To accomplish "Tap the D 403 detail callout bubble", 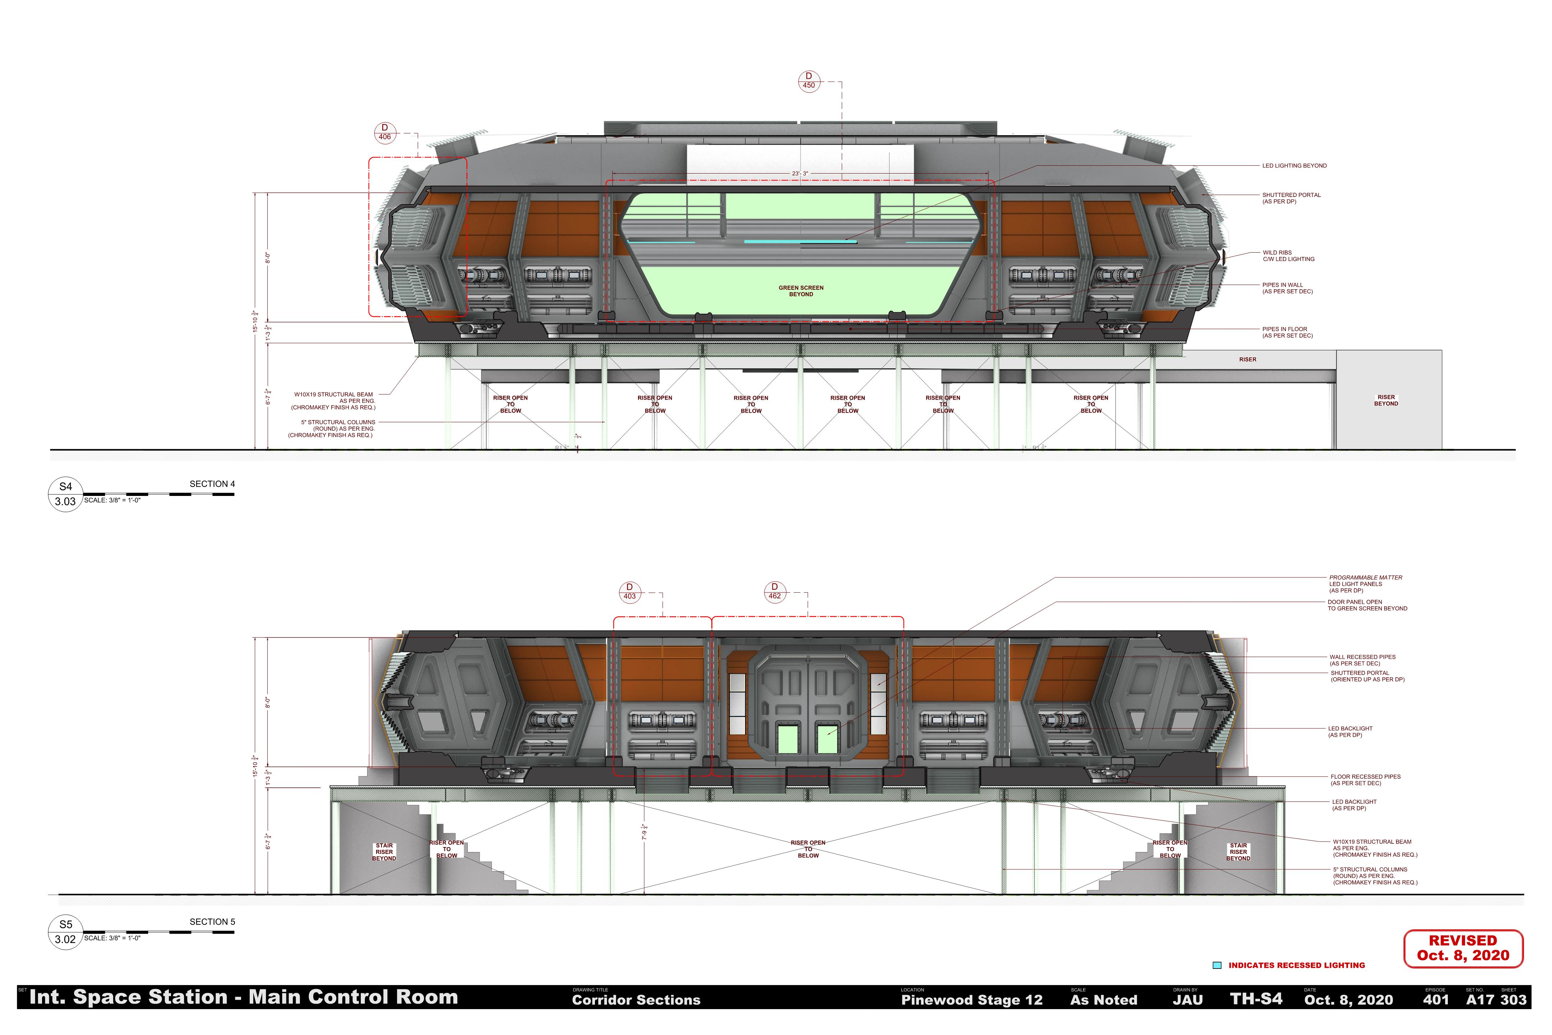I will [629, 592].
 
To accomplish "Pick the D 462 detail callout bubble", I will [775, 592].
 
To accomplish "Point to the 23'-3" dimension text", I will [800, 174].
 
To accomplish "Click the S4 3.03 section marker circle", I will [65, 494].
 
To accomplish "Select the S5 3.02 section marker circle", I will [65, 932].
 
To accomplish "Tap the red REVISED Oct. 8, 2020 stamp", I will [1463, 948].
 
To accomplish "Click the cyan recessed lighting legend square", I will [1217, 965].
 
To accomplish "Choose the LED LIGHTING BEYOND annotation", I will [1294, 166].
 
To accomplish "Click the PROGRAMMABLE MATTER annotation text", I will [1365, 578].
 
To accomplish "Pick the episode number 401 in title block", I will [1435, 999].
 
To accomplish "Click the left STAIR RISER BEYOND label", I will [384, 851].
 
